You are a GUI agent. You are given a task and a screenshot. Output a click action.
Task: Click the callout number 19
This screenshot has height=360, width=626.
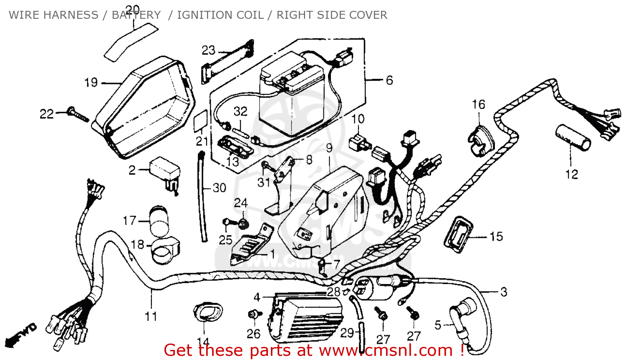(x=91, y=83)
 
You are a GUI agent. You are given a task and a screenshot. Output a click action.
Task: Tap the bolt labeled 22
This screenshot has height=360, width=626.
(x=78, y=114)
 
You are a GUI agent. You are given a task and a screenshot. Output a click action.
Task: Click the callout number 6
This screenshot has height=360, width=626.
(x=389, y=80)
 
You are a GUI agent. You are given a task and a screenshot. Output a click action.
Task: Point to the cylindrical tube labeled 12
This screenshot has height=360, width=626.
(x=573, y=137)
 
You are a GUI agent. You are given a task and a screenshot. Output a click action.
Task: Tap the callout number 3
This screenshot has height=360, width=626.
(x=504, y=292)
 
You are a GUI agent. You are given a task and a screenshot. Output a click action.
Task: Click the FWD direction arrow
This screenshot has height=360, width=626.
(x=23, y=334)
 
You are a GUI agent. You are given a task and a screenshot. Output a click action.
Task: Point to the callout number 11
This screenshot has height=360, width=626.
(x=151, y=317)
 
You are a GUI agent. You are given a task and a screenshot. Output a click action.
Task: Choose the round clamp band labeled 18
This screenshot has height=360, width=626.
(x=164, y=250)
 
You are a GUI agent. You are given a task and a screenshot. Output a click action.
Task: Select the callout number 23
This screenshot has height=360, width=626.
(x=208, y=50)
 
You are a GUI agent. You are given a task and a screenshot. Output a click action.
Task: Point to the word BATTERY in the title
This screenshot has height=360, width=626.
(x=136, y=15)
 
